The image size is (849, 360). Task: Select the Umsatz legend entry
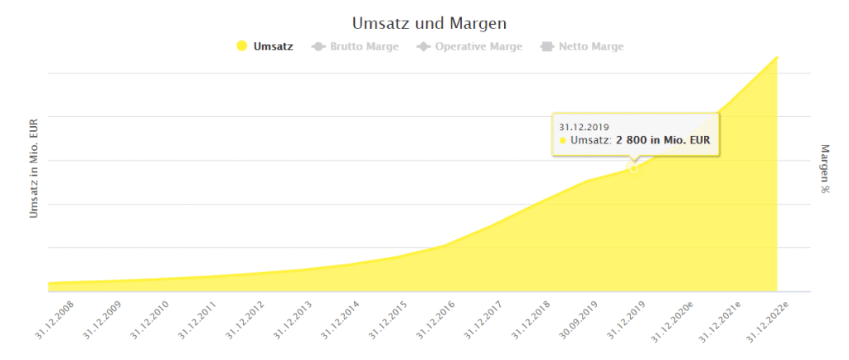coord(273,46)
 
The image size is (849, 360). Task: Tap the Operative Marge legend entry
coord(478,46)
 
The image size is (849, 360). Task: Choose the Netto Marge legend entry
coord(589,46)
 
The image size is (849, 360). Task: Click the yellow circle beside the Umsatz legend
coord(242,46)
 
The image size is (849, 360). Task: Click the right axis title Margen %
coord(825,168)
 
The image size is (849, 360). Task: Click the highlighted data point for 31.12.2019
coord(633,168)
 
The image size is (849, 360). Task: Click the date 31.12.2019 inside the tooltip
coord(584,127)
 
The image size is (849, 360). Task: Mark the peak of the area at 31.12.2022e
coord(777,56)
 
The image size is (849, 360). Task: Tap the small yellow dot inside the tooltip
coord(563,141)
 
